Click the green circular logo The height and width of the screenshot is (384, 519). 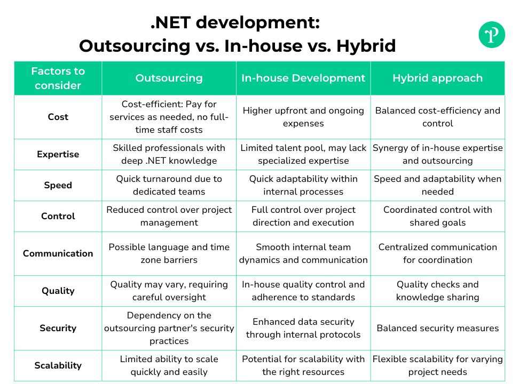(492, 35)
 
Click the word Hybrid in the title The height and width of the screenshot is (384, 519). (366, 46)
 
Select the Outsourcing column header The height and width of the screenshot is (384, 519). (169, 78)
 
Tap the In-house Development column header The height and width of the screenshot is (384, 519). (303, 78)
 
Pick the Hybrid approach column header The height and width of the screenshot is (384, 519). (438, 78)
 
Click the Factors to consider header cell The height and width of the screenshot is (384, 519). (58, 78)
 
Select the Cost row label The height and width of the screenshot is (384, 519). (58, 117)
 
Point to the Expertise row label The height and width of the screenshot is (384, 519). (58, 154)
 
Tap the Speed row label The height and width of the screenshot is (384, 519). (58, 185)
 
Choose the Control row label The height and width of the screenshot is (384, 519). (58, 216)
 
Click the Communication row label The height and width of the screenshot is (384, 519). (58, 253)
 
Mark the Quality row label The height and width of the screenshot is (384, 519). (58, 291)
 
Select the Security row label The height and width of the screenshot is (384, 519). (58, 328)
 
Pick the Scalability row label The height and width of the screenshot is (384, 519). (58, 365)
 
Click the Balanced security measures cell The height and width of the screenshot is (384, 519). (438, 328)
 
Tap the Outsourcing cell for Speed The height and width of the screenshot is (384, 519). (169, 185)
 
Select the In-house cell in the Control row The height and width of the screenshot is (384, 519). (303, 216)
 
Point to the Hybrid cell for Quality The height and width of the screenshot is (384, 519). (438, 291)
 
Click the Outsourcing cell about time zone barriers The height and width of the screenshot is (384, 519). (169, 253)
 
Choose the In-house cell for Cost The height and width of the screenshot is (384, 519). (303, 117)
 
